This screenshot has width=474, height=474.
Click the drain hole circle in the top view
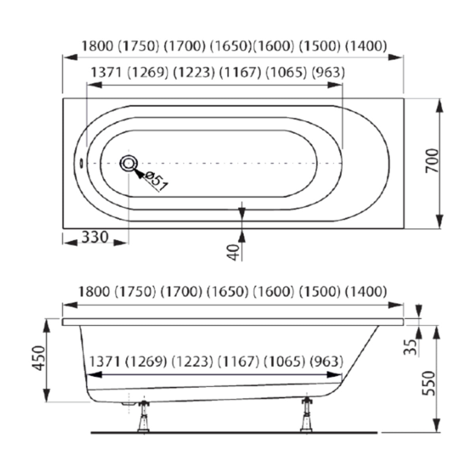(x=128, y=163)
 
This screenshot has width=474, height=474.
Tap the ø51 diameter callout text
(x=156, y=182)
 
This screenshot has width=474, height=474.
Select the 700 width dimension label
(x=432, y=161)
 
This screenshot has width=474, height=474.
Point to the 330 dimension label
(x=95, y=237)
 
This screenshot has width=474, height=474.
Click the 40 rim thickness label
(x=233, y=252)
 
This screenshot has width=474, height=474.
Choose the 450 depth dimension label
(x=39, y=358)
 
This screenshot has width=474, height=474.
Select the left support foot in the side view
(x=143, y=416)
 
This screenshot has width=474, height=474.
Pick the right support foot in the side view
(x=307, y=415)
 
